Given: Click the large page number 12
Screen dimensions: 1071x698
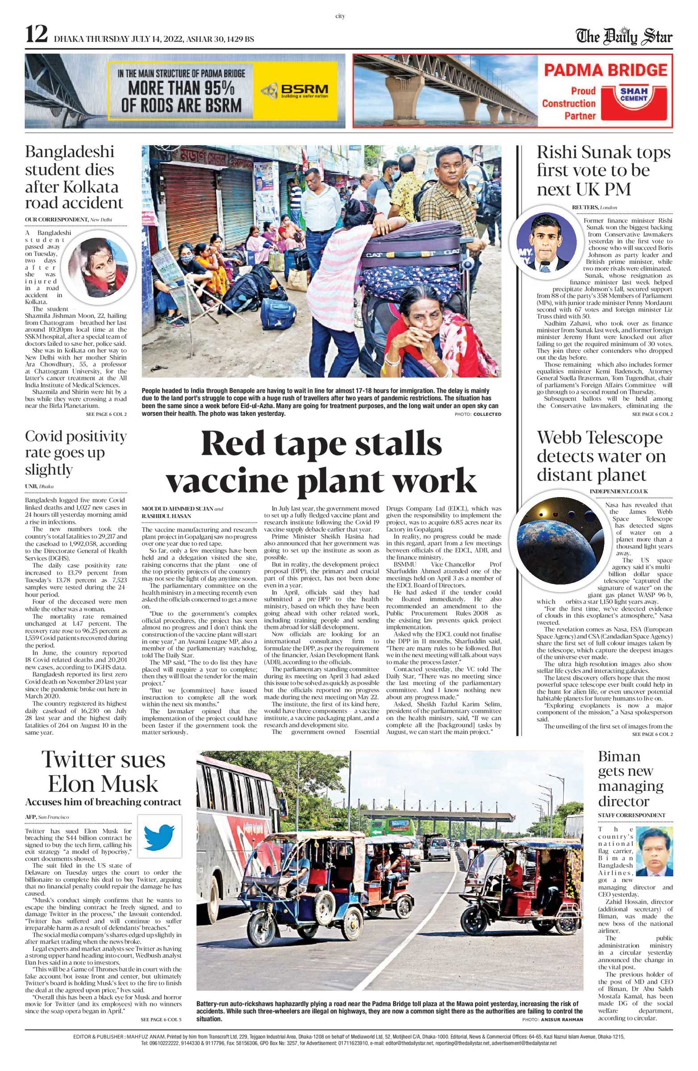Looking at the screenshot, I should [37, 35].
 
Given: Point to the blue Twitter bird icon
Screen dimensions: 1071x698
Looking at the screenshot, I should [159, 836].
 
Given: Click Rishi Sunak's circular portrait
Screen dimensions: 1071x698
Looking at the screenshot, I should [546, 241].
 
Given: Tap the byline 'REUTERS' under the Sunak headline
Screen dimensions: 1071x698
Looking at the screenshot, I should [585, 207].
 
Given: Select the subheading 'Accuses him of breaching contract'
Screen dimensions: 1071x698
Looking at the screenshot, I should [103, 802].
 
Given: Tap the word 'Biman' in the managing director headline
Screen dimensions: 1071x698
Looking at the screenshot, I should [619, 756].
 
